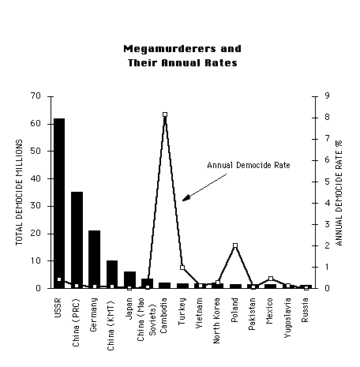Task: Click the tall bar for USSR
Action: [59, 204]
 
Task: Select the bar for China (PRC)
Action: [77, 240]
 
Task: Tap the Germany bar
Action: [94, 260]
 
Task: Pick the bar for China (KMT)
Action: [112, 275]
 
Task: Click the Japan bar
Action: [129, 280]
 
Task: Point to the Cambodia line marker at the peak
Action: [165, 114]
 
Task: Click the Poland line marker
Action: [235, 245]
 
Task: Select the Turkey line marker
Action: [182, 268]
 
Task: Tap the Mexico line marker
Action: [271, 279]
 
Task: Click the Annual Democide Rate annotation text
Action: [249, 165]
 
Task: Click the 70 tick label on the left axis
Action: [36, 95]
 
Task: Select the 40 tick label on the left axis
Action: [36, 178]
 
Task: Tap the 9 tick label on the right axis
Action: [327, 95]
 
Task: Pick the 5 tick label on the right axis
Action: [327, 182]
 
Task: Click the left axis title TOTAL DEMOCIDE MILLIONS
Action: [19, 193]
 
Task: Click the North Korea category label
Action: [216, 320]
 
